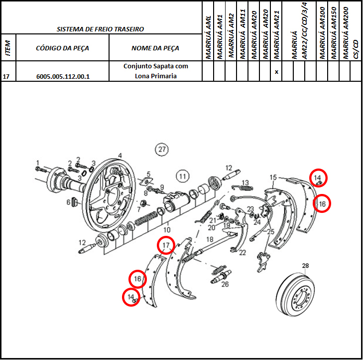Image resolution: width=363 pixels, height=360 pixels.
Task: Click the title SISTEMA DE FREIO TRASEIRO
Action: [100, 29]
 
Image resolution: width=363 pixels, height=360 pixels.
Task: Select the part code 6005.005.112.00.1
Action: [63, 76]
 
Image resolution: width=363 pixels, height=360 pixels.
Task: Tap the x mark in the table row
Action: [276, 72]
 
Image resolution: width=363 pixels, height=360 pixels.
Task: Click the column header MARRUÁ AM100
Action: [322, 33]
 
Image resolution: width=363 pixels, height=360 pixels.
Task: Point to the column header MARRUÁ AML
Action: [208, 37]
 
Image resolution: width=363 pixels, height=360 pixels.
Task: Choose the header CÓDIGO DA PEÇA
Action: [63, 48]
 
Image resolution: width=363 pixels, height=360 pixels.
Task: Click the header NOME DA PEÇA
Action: [155, 48]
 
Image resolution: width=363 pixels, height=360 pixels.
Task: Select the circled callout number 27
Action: [162, 149]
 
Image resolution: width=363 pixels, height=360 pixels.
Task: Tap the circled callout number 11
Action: [183, 177]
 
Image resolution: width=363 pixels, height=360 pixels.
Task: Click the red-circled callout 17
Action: [166, 245]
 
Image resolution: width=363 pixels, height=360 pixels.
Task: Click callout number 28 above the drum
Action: [305, 266]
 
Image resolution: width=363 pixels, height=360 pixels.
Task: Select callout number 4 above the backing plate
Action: [120, 156]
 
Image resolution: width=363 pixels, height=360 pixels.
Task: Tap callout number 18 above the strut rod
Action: [210, 239]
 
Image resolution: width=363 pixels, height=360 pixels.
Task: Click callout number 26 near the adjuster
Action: [225, 284]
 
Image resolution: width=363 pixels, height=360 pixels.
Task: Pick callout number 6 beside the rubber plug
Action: [68, 202]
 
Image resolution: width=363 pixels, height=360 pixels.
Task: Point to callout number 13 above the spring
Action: [245, 182]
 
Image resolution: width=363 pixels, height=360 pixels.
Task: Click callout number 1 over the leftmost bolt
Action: [38, 163]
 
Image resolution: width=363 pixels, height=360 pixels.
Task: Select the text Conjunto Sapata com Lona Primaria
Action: [155, 71]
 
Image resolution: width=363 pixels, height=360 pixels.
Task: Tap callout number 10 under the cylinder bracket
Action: [167, 230]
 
